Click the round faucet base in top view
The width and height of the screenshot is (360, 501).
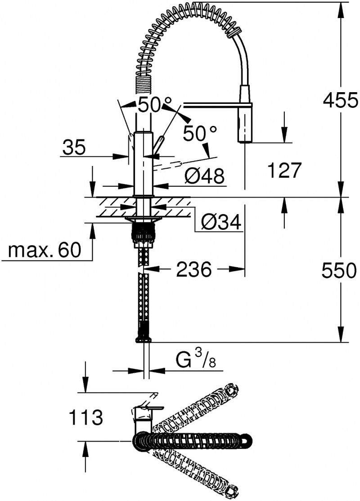[x=143, y=441]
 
